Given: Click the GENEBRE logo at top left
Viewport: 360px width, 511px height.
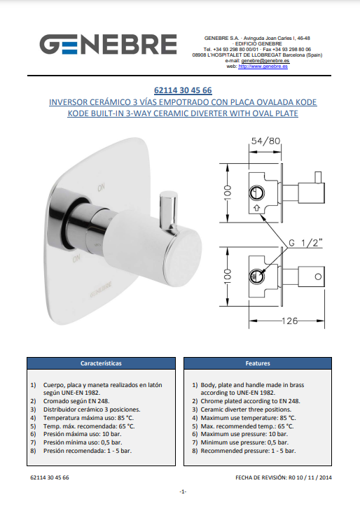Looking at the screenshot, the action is click(109, 45).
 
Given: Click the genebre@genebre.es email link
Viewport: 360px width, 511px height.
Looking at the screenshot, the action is click(265, 61).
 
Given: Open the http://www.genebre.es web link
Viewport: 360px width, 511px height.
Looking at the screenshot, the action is click(263, 66).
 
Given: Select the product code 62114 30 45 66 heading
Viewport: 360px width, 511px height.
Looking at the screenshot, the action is click(183, 90).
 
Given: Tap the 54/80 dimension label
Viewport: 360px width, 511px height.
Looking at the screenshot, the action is click(265, 141).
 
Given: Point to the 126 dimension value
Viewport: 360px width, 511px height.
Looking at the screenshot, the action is click(289, 321).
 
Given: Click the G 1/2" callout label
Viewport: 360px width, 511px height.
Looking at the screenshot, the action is click(306, 243).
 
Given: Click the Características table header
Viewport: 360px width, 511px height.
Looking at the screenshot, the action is click(101, 363).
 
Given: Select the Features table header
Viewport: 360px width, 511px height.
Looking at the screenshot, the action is click(258, 363).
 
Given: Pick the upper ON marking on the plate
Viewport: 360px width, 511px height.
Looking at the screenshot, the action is click(101, 188).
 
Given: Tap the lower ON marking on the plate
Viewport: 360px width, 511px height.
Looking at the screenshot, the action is click(76, 259).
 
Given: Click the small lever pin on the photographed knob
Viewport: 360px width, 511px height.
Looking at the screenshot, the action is click(168, 210).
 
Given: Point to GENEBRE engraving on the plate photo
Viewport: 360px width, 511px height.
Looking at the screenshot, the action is click(101, 290).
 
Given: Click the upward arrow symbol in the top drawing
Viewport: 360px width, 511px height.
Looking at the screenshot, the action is click(256, 208).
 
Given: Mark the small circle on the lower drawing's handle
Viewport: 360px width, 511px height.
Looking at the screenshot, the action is click(318, 277).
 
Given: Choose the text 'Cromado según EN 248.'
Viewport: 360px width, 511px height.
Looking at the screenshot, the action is click(76, 401).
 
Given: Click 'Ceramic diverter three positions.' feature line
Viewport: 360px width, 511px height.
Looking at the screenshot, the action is click(246, 409).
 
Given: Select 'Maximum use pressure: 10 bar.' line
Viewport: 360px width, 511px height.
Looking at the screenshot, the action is click(244, 434).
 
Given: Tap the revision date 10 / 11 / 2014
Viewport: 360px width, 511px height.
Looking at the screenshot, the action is click(314, 478).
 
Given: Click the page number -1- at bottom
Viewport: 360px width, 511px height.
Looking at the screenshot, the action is click(183, 492).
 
